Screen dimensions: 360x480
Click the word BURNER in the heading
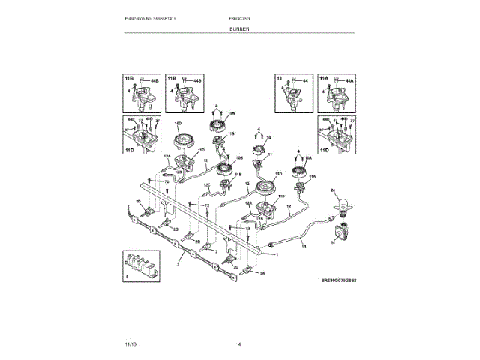(x=239, y=28)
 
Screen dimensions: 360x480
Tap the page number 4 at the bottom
(x=239, y=344)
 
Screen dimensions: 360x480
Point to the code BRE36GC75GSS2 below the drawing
(x=337, y=280)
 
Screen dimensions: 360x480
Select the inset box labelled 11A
(x=336, y=94)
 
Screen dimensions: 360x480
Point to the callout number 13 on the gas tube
(x=303, y=246)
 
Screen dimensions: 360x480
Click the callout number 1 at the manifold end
(x=277, y=253)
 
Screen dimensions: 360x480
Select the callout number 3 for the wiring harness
(x=178, y=264)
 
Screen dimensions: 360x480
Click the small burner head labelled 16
(x=259, y=151)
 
